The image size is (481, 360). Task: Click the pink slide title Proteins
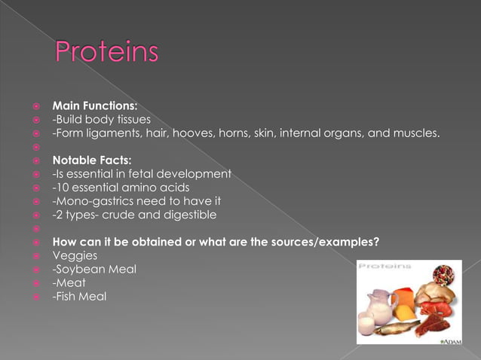[x=106, y=53]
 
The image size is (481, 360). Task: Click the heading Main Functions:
[x=94, y=106]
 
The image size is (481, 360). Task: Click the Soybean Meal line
[x=94, y=269]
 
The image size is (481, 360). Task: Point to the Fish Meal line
[x=79, y=296]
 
